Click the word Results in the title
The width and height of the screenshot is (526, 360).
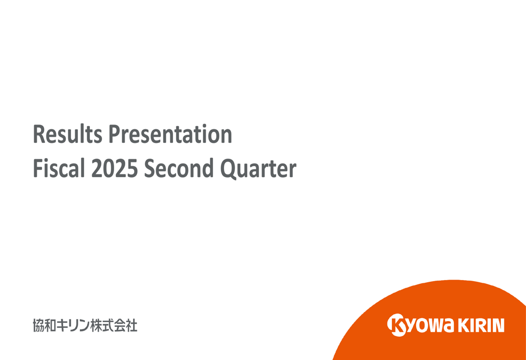pos(67,135)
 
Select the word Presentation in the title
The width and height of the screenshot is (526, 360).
pos(170,135)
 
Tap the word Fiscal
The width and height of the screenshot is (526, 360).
pos(58,169)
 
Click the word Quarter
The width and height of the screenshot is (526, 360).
pos(256,169)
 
